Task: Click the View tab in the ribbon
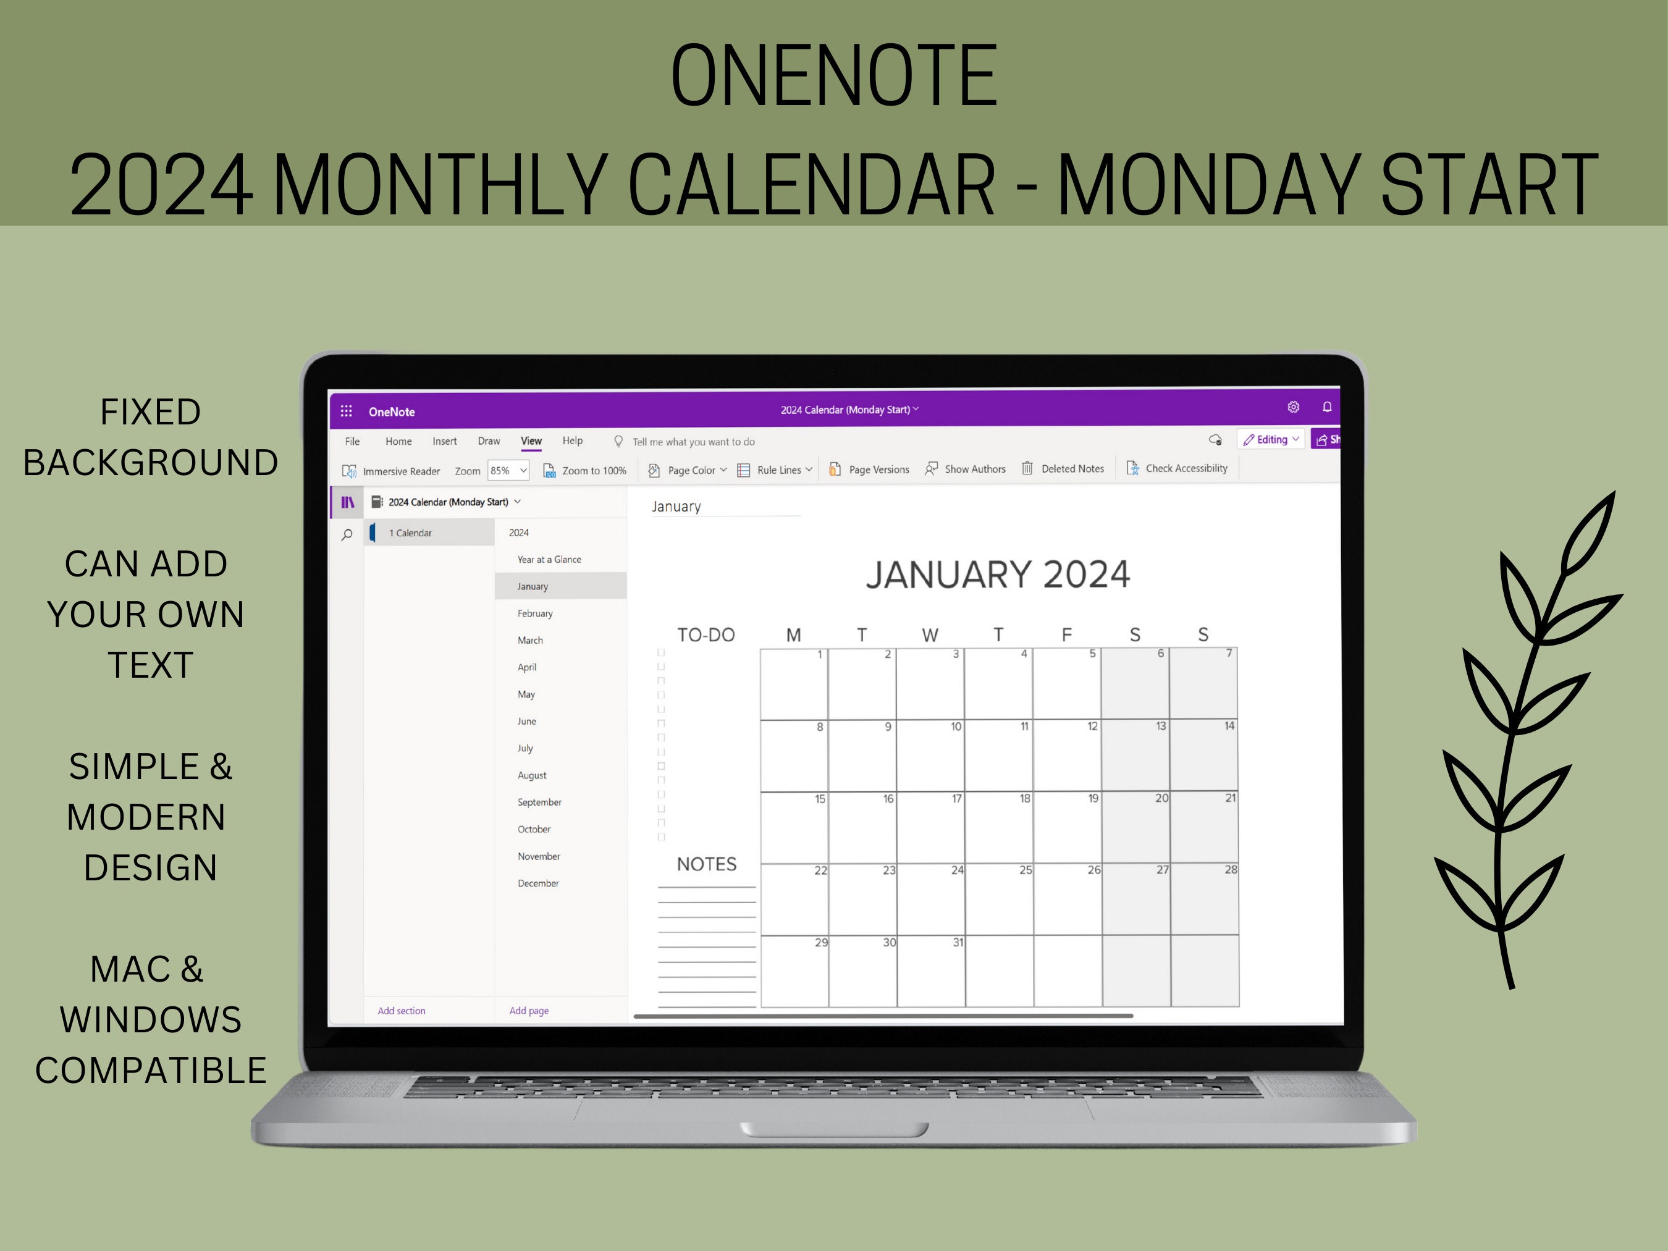(x=531, y=441)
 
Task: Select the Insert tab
(x=444, y=441)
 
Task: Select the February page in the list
(x=534, y=613)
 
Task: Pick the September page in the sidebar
(x=539, y=802)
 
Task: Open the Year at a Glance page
(x=549, y=560)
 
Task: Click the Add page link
(x=529, y=1011)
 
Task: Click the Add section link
(x=401, y=1011)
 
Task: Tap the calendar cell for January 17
(x=930, y=827)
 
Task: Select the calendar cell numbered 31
(x=930, y=971)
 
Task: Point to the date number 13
(x=1161, y=726)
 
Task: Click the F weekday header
(x=1066, y=635)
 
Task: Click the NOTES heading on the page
(x=707, y=864)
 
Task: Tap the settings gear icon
(x=1293, y=407)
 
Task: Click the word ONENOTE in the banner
(x=834, y=75)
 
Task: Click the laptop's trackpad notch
(x=834, y=1129)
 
